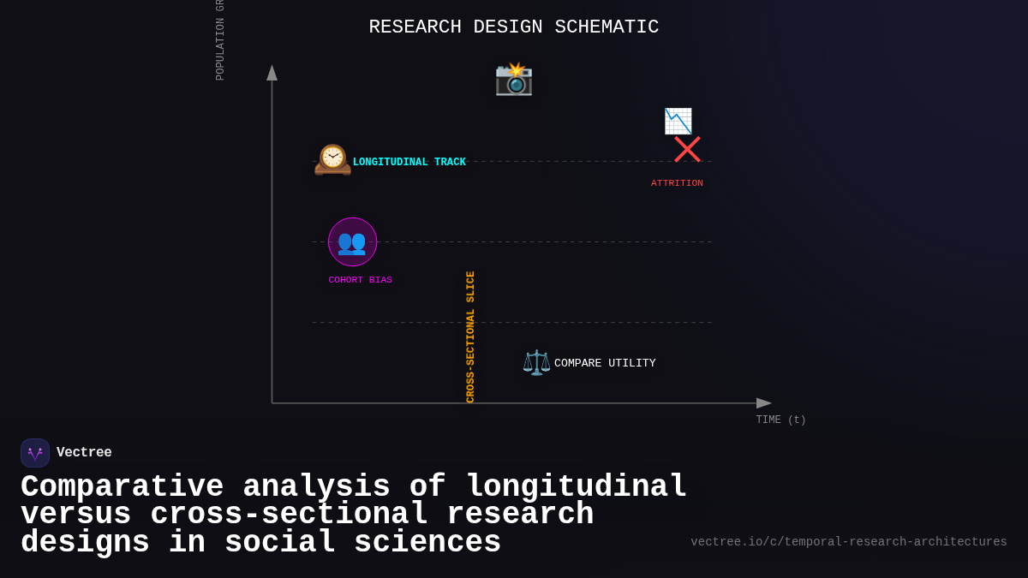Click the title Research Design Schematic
pyautogui.click(x=513, y=27)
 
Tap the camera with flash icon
pyautogui.click(x=514, y=79)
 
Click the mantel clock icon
pyautogui.click(x=332, y=159)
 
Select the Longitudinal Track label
pyautogui.click(x=409, y=163)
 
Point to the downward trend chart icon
pyautogui.click(x=678, y=121)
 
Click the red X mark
pyautogui.click(x=687, y=149)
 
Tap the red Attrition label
pyautogui.click(x=677, y=183)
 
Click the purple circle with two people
pyautogui.click(x=352, y=241)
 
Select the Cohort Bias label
pyautogui.click(x=360, y=280)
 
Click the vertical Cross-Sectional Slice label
pyautogui.click(x=470, y=337)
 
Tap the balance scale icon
pyautogui.click(x=536, y=362)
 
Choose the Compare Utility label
pyautogui.click(x=605, y=363)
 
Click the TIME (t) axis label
pyautogui.click(x=780, y=420)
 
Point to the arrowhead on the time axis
pyautogui.click(x=763, y=403)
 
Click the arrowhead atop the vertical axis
pyautogui.click(x=272, y=73)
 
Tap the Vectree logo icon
pyautogui.click(x=35, y=453)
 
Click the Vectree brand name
pyautogui.click(x=84, y=453)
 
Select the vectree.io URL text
pyautogui.click(x=848, y=542)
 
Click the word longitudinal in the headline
pyautogui.click(x=577, y=486)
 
